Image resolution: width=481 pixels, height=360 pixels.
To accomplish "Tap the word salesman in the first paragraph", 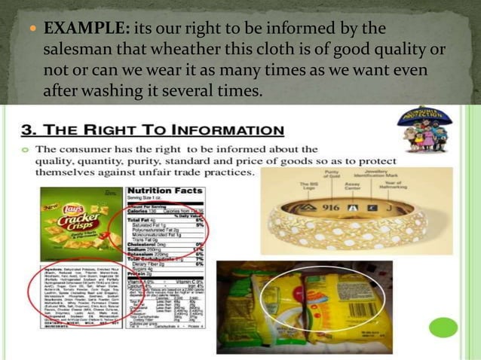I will coord(80,50).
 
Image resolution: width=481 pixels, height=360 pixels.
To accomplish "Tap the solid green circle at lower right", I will coord(443,327).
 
